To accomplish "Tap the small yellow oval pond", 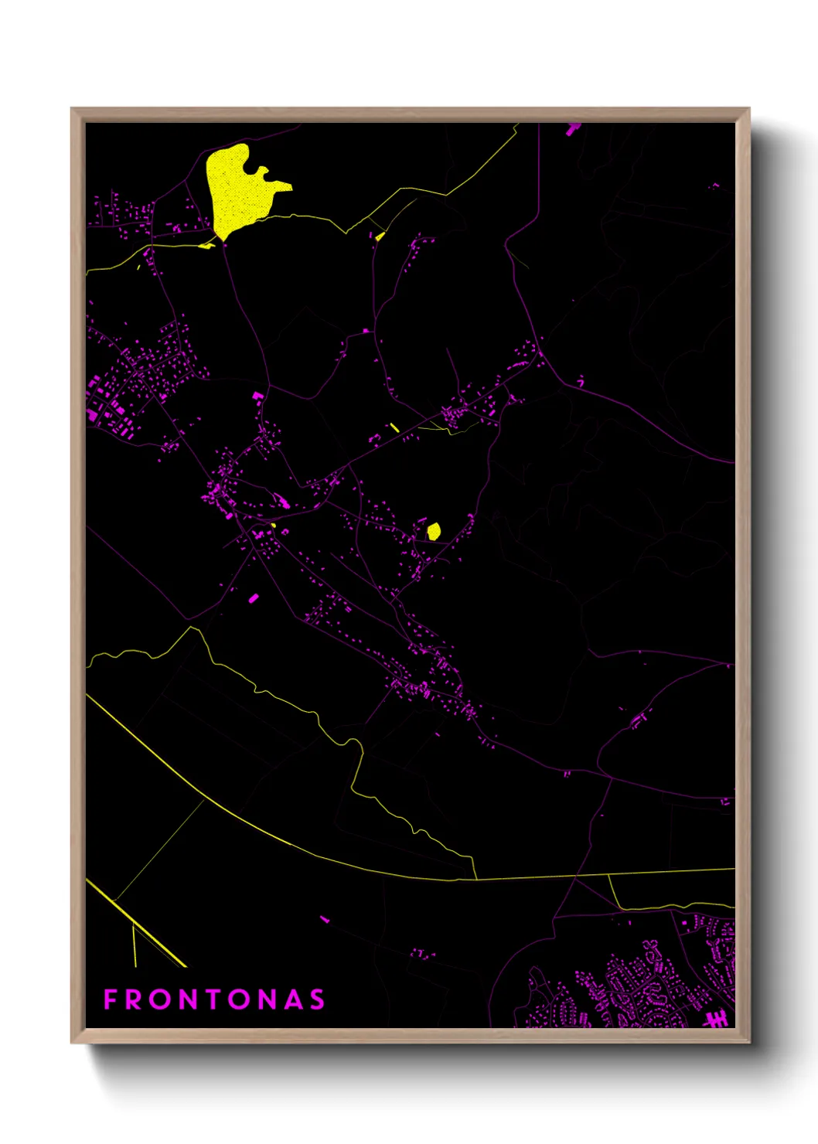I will [x=434, y=531].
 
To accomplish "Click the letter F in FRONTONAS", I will [x=111, y=999].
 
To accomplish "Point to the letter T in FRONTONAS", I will [x=214, y=999].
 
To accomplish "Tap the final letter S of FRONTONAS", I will [x=317, y=999].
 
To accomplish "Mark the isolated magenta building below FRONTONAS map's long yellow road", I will [x=325, y=919].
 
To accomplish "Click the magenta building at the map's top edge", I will [x=572, y=128].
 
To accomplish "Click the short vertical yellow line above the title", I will [x=135, y=945].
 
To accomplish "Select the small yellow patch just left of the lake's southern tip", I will [x=206, y=245].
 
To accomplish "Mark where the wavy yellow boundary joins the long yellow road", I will [x=475, y=878].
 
